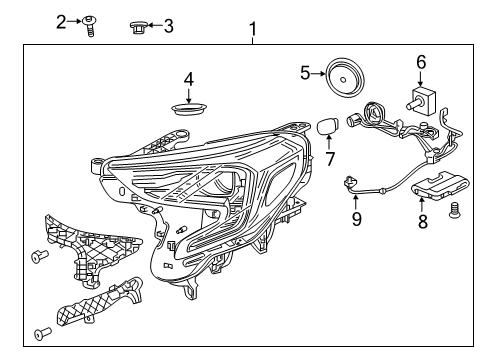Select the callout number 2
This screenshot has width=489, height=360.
[x=61, y=21]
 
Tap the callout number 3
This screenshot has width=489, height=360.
[x=167, y=26]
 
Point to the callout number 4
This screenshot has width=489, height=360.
[x=187, y=79]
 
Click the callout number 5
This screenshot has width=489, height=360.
[x=306, y=72]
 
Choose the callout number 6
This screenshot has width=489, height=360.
[x=421, y=62]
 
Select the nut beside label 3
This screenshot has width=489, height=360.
[x=139, y=27]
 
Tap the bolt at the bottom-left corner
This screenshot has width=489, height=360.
[x=41, y=332]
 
